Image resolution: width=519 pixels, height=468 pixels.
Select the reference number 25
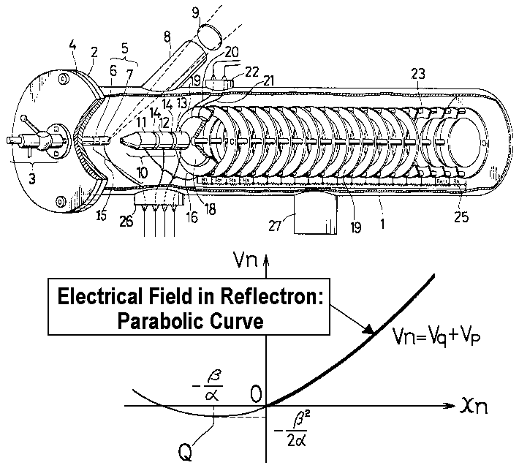coord(460,218)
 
